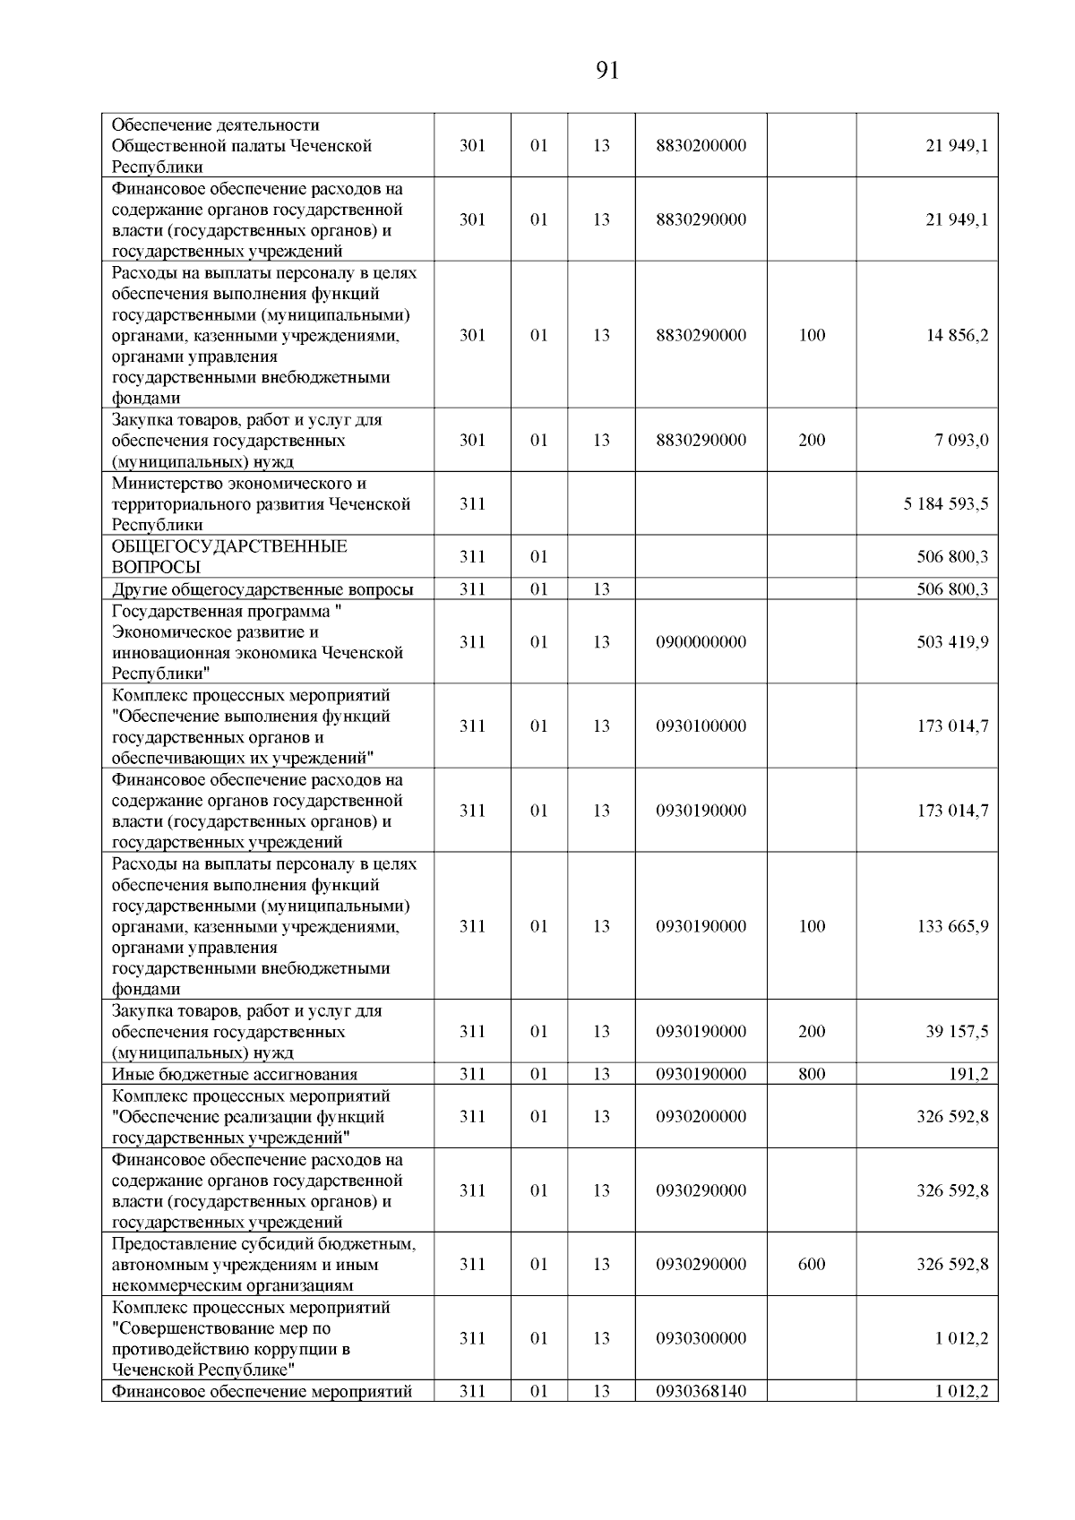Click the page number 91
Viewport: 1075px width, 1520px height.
pyautogui.click(x=606, y=71)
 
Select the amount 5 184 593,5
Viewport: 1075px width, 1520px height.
pyautogui.click(x=946, y=503)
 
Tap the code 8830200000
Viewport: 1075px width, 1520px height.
pyautogui.click(x=701, y=145)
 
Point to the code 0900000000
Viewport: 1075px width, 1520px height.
pyautogui.click(x=701, y=641)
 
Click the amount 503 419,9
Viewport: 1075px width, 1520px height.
pyautogui.click(x=952, y=641)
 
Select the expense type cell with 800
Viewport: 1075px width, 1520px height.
pyautogui.click(x=812, y=1074)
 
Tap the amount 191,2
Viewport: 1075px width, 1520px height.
pyautogui.click(x=968, y=1074)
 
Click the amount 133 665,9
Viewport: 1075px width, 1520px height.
pyautogui.click(x=952, y=926)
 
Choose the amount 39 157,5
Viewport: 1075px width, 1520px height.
pyautogui.click(x=957, y=1031)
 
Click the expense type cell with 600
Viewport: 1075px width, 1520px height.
pyautogui.click(x=812, y=1264)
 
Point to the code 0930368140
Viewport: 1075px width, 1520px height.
pyautogui.click(x=701, y=1391)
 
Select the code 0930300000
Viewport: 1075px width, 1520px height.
pyautogui.click(x=701, y=1337)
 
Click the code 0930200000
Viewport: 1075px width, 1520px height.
pyautogui.click(x=701, y=1116)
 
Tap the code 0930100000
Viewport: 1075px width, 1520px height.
pyautogui.click(x=701, y=726)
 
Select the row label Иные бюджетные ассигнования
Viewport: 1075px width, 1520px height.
pyautogui.click(x=234, y=1075)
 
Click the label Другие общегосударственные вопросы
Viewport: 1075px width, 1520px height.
pyautogui.click(x=262, y=589)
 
